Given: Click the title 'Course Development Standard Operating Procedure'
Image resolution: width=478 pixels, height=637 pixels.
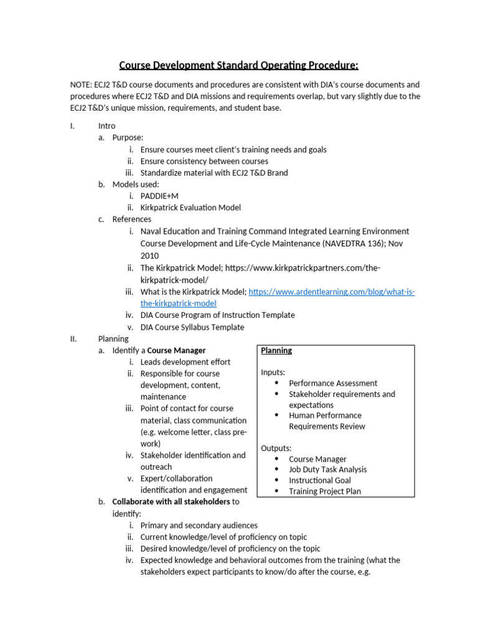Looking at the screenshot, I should pos(238,65).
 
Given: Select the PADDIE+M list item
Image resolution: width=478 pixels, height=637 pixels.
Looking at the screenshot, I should pos(159,196).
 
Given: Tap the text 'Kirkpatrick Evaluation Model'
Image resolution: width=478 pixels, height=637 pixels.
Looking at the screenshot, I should pos(190,208).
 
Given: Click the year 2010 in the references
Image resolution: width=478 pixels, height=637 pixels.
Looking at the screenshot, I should pos(149,256).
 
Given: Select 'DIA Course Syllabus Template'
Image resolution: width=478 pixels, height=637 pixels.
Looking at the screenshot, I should pos(192,327).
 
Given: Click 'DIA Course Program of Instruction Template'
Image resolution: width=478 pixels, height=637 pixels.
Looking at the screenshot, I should pos(217,315).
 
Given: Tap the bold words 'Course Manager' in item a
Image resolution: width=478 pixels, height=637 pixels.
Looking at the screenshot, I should pos(176,351).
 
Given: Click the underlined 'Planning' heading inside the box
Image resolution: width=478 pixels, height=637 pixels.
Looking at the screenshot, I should pos(276,351).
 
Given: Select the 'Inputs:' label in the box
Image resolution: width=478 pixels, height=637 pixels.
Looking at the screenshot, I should pos(273,373).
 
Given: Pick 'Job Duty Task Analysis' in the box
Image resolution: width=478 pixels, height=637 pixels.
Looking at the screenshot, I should pos(327,470).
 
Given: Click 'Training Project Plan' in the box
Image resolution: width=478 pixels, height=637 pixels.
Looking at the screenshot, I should pos(324,491).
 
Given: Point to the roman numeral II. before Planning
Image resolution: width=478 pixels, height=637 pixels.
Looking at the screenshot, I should pos(72,339).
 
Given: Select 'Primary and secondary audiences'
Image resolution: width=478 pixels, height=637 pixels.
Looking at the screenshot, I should pos(199,526).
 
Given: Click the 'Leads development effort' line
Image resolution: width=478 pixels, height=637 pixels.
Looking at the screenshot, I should pos(185,362).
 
